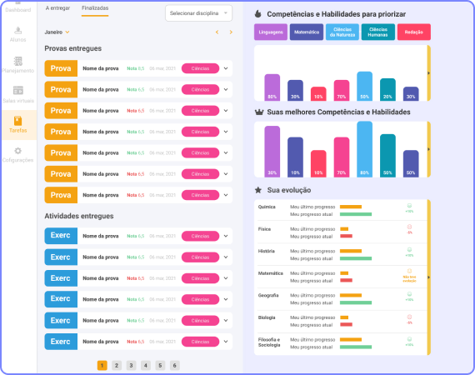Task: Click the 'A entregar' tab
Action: [x=57, y=7]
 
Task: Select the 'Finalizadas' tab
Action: [x=95, y=7]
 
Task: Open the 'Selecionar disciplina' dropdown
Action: [x=197, y=13]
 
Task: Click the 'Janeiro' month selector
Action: [x=57, y=32]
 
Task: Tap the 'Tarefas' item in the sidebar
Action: [x=17, y=125]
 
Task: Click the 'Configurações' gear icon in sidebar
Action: [x=17, y=151]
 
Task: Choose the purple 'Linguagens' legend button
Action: [x=271, y=32]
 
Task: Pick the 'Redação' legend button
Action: [x=413, y=32]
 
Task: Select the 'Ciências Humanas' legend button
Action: [x=377, y=32]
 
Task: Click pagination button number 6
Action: [x=174, y=365]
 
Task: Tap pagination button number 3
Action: [x=131, y=365]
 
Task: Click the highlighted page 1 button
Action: [x=102, y=365]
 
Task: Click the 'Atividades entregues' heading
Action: [x=79, y=216]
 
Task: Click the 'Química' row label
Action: [x=267, y=207]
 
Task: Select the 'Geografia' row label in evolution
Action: [x=269, y=295]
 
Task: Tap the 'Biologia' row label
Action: [x=267, y=317]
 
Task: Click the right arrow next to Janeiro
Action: [x=231, y=32]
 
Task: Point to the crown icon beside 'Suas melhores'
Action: [x=258, y=112]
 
